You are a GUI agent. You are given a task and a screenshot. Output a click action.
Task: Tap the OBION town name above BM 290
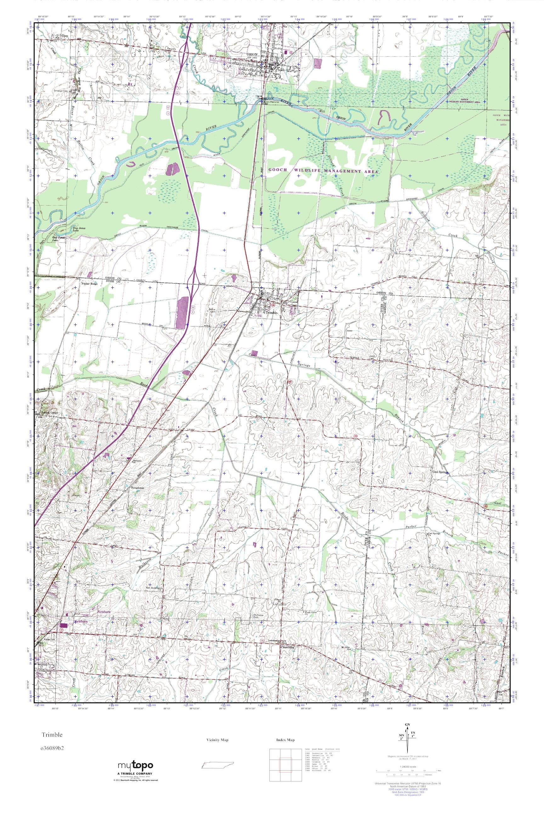pyautogui.click(x=252, y=55)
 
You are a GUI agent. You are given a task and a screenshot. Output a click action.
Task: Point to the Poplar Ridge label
pyautogui.click(x=89, y=284)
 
